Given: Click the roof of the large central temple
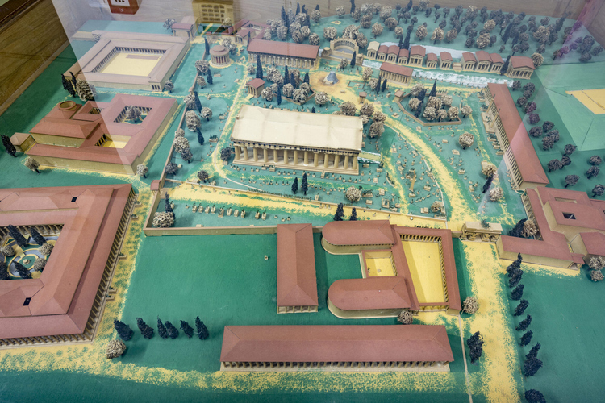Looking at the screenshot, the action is coord(297,127).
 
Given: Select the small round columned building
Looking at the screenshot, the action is coord(219,54).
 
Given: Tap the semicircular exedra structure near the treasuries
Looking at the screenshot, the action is coord(344,46).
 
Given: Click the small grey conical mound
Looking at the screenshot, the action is coord(331,78).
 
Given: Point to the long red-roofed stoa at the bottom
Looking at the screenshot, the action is coord(336,344).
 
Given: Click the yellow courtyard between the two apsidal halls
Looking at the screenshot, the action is coord(379,264).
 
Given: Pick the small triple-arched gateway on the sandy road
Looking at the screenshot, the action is coord(481,232).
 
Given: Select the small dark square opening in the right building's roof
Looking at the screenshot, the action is coord(570,216).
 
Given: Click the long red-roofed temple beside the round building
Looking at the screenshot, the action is coord(282,53).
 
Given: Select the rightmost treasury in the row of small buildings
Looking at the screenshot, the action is coord(522,66).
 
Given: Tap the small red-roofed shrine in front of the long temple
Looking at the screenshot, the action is coord(256,85).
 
